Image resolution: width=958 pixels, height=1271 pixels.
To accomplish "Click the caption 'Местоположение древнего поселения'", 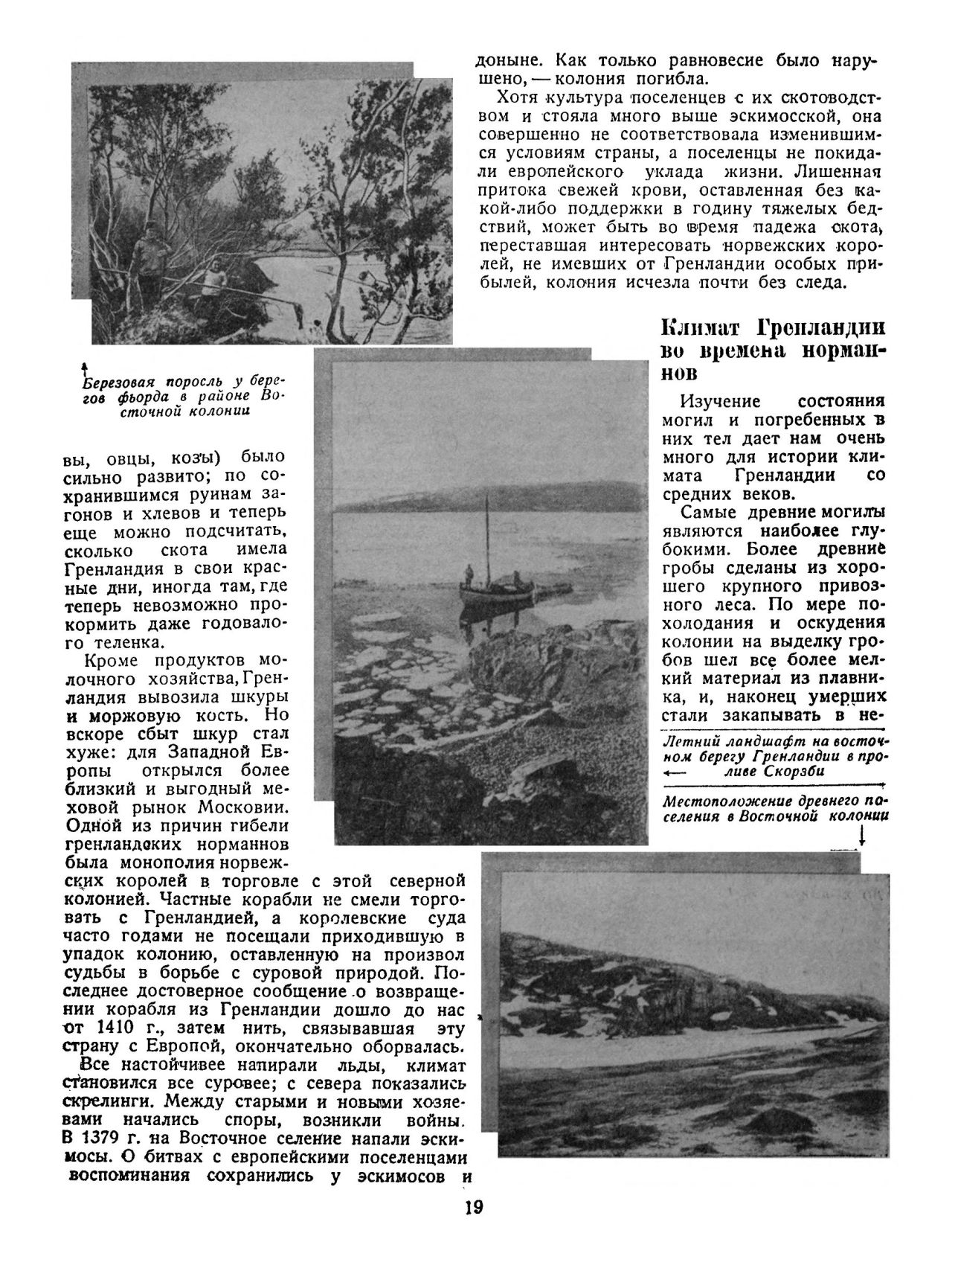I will point(775,809).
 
